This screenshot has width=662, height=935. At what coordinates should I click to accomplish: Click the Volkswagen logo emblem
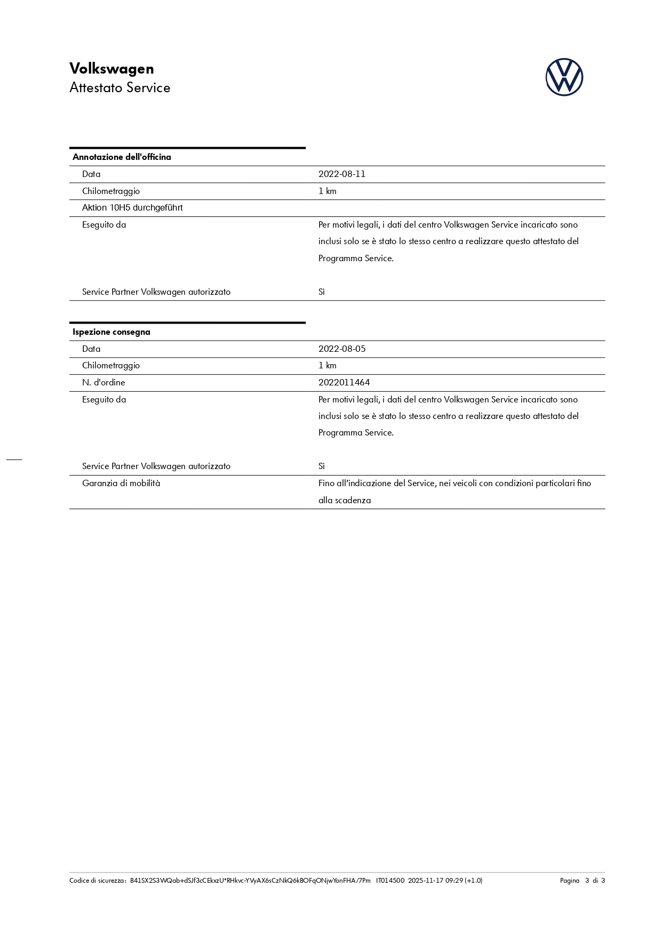click(x=564, y=77)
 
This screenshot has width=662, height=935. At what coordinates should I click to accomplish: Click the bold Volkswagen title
click(x=111, y=69)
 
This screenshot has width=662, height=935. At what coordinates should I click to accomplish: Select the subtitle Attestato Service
click(x=119, y=88)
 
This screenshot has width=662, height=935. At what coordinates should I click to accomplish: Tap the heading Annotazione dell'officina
click(x=122, y=157)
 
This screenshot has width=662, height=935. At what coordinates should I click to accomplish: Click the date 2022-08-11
click(x=341, y=174)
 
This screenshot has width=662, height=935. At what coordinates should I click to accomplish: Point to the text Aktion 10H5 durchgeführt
click(x=132, y=208)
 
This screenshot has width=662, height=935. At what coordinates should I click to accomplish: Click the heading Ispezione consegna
click(x=111, y=332)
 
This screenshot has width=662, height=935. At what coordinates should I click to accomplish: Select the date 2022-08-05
click(x=341, y=349)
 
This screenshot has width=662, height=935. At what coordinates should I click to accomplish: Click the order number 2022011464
click(x=344, y=383)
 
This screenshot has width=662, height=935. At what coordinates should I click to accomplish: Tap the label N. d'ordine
click(x=103, y=383)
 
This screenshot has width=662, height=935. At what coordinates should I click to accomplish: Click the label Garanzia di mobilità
click(x=121, y=483)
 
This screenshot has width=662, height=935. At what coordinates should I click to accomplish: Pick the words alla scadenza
click(x=344, y=501)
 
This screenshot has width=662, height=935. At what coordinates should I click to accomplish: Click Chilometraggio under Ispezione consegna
click(x=111, y=366)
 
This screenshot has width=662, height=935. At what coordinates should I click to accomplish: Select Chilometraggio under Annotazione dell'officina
click(x=111, y=191)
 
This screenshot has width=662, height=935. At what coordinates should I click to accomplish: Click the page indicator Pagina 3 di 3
click(x=582, y=881)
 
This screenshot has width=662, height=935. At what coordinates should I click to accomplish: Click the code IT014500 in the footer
click(x=390, y=881)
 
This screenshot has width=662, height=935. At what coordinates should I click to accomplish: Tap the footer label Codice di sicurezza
click(x=97, y=881)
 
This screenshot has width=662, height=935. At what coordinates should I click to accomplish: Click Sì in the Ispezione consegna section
click(x=322, y=466)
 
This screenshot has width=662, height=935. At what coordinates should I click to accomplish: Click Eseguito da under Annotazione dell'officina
click(x=104, y=225)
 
